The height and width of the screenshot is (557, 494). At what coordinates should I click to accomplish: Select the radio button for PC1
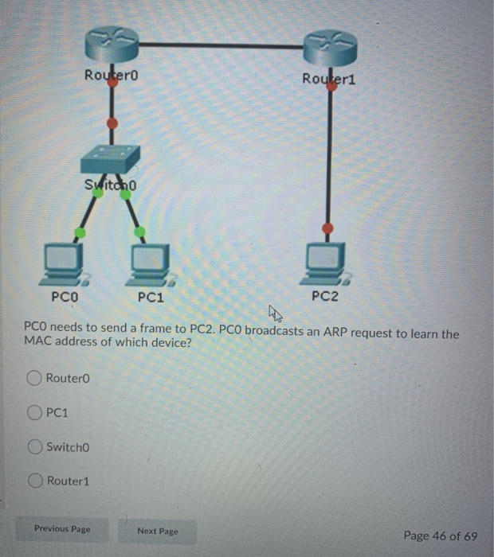35,412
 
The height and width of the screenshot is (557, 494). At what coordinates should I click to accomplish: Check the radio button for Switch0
35,447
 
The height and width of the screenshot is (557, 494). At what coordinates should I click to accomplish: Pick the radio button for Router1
35,481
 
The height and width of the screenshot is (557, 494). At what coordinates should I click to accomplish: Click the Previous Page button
62,528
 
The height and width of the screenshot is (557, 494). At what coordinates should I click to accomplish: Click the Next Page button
157,530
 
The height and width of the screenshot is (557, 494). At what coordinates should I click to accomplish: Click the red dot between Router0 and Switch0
112,123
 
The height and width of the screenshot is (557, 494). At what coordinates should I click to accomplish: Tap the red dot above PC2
327,228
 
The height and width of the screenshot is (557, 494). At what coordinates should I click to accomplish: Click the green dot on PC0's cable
80,232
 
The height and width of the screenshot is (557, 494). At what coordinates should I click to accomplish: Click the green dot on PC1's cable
139,232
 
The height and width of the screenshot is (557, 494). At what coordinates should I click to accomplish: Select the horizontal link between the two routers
222,45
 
